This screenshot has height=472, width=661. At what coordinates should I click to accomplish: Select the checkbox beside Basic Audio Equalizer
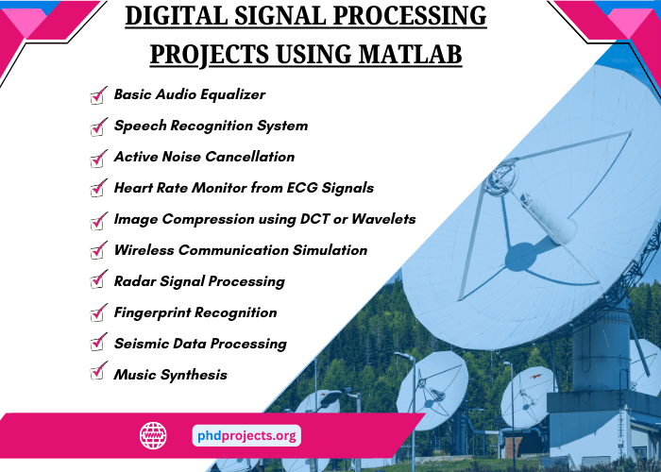click(97, 95)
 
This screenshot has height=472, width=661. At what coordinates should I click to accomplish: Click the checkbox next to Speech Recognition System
click(97, 126)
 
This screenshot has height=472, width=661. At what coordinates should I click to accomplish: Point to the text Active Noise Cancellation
click(204, 157)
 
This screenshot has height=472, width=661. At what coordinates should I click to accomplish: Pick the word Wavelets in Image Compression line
click(382, 219)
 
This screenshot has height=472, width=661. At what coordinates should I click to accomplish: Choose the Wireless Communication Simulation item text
click(240, 250)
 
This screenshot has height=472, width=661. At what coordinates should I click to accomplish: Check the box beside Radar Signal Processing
click(97, 281)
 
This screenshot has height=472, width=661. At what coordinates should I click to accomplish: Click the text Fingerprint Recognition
click(195, 312)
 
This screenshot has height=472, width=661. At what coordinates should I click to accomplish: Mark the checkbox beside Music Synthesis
click(97, 374)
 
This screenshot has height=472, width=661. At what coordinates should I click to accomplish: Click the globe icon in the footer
click(153, 435)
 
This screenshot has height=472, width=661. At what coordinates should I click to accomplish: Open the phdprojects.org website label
click(246, 435)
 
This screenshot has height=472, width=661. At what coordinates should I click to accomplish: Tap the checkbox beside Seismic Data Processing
click(97, 344)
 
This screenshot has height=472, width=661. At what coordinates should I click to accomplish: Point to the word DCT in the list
click(302, 219)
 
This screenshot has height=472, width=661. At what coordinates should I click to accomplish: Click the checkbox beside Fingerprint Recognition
click(97, 312)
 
